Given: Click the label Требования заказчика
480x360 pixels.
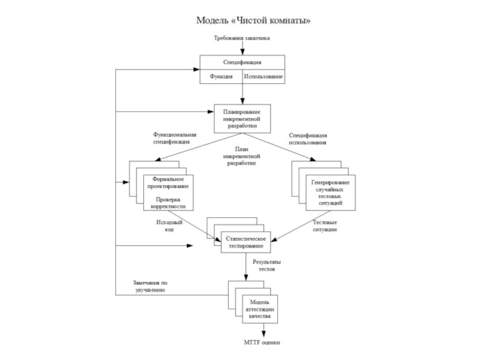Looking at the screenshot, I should [242, 38].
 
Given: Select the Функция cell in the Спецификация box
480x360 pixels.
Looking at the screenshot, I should [221, 77].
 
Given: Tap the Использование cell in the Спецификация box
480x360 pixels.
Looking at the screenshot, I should [263, 77].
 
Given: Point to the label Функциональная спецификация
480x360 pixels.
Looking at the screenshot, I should [175, 139].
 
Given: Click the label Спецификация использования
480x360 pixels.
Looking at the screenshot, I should [308, 139].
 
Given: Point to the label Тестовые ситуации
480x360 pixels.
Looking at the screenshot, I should [325, 226].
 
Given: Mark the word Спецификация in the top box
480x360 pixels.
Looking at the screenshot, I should [242, 62].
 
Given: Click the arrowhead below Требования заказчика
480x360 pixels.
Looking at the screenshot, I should [242, 51].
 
